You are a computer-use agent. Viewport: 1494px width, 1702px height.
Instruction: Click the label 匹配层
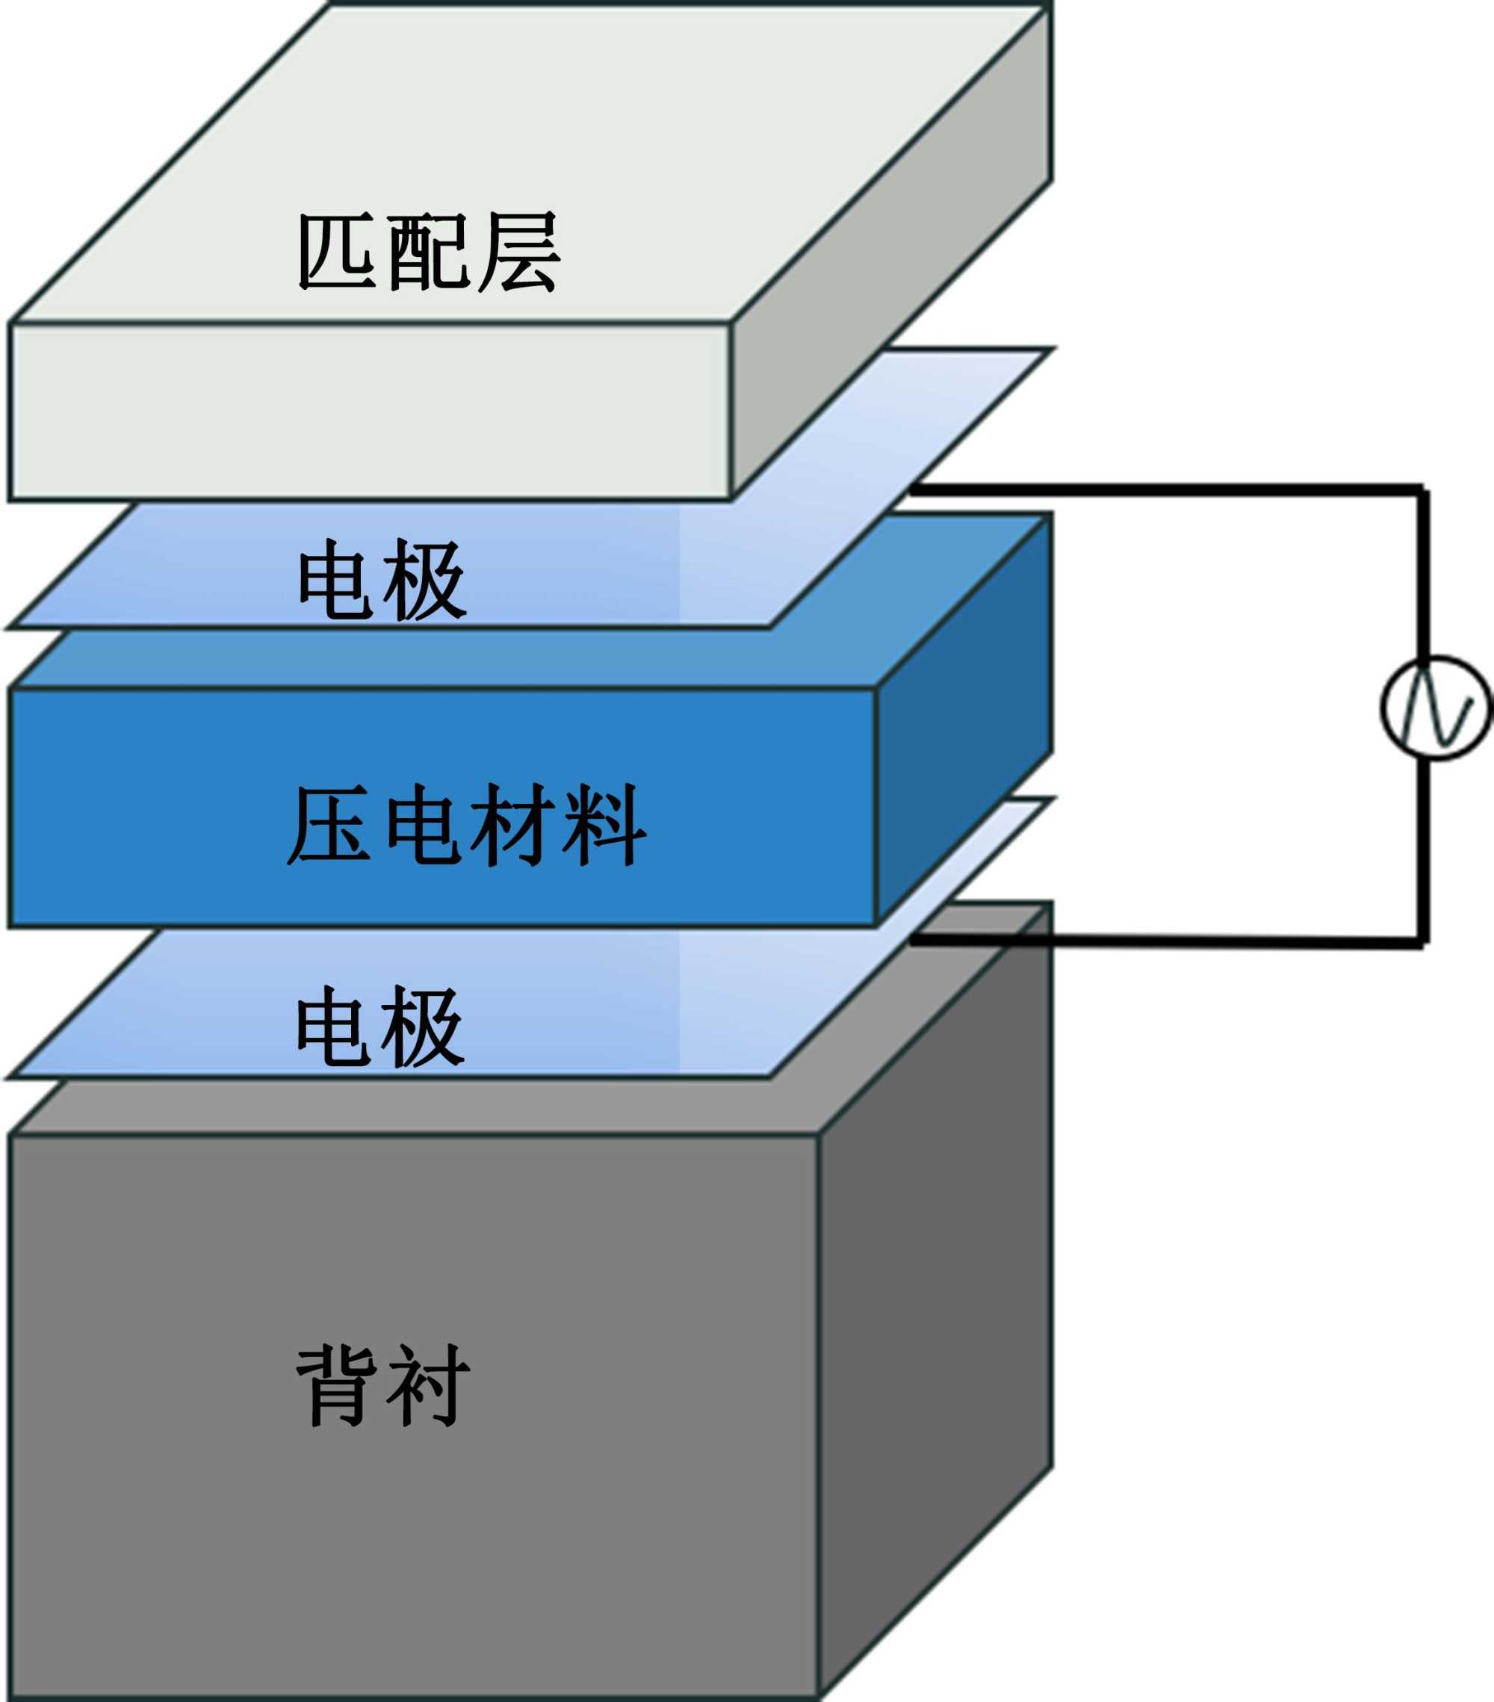tap(429, 253)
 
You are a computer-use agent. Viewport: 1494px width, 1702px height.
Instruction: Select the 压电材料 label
tap(466, 825)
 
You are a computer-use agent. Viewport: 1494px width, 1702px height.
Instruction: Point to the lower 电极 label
tap(380, 1027)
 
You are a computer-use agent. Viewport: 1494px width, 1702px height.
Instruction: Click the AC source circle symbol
tap(1436, 708)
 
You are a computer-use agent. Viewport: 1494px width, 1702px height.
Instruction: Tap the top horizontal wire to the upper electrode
tap(1165, 490)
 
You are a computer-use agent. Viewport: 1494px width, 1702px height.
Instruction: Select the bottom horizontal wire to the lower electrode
tap(1165, 941)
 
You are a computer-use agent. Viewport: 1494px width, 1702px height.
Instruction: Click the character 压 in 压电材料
tap(329, 825)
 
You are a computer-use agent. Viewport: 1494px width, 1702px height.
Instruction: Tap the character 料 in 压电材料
tap(605, 825)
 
